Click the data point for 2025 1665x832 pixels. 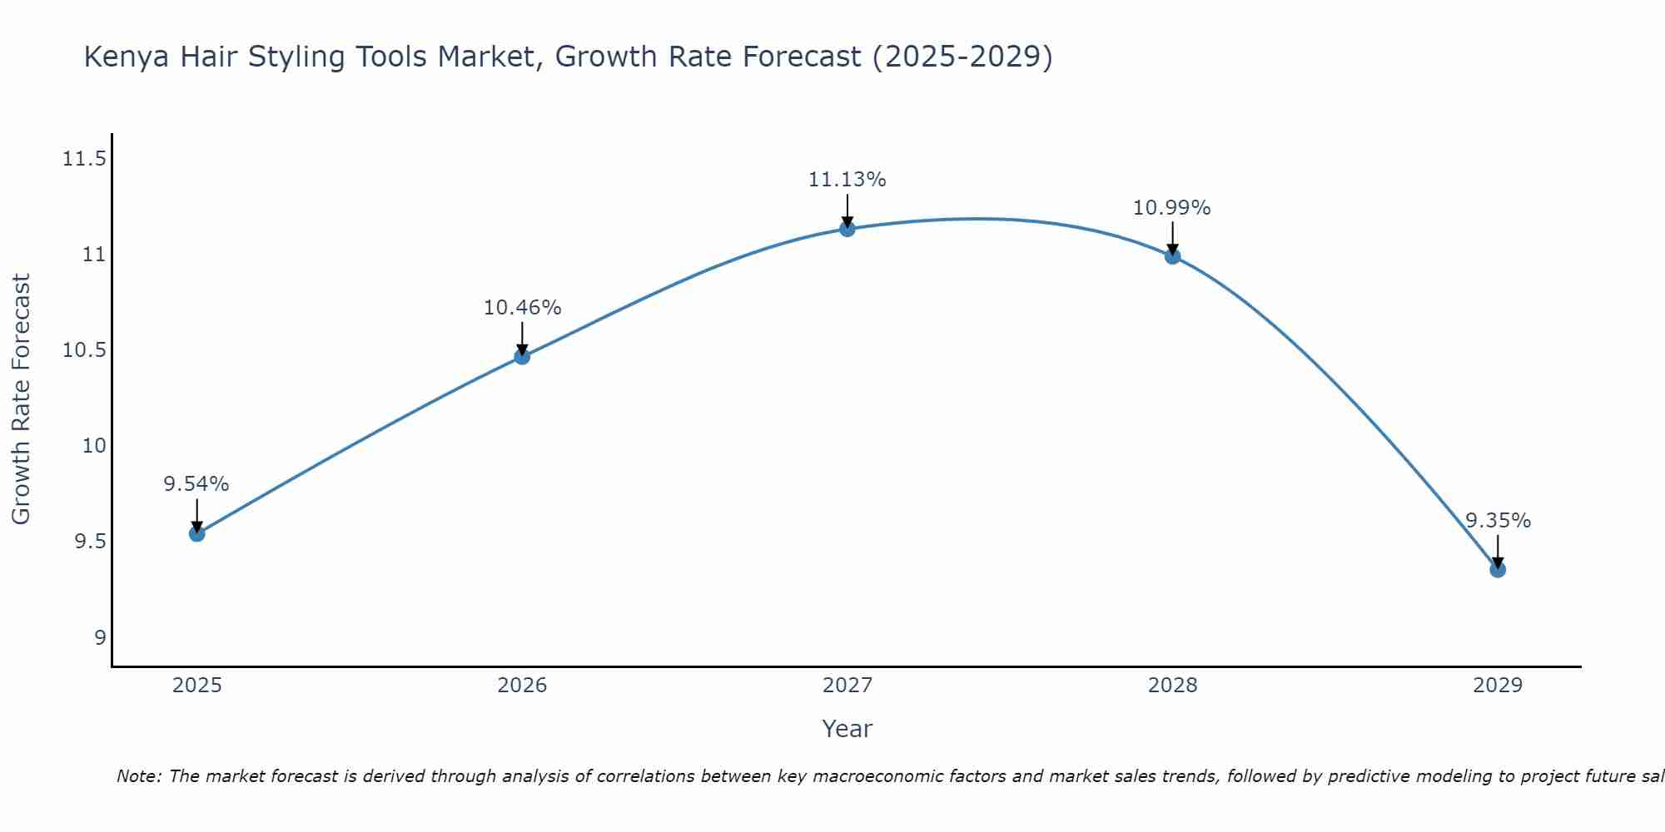pos(196,533)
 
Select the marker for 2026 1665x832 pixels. pos(522,356)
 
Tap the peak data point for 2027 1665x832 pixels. pos(847,229)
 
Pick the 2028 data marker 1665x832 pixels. pos(1172,256)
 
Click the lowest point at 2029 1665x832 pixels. pos(1498,569)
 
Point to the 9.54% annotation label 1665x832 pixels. pos(196,484)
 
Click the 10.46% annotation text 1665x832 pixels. pos(522,308)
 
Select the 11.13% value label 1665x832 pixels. pos(847,180)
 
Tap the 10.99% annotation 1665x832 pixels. pos(1172,208)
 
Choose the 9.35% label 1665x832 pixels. pos(1498,521)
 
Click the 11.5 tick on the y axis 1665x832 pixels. pos(85,158)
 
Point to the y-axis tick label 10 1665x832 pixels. pos(95,446)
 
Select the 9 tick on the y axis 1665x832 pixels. pos(101,637)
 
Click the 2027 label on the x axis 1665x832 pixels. pos(847,686)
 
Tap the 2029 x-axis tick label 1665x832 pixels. pos(1498,686)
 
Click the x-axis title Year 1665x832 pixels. pos(847,729)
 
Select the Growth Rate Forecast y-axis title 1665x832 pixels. pos(22,399)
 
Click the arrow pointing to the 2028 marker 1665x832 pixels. pos(1172,237)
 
